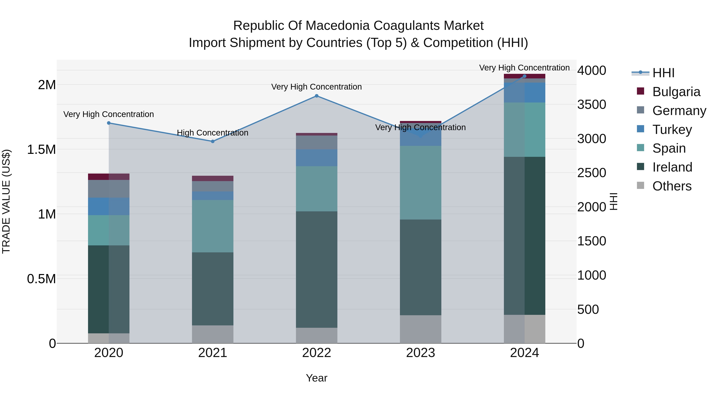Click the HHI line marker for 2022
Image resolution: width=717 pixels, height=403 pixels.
coord(316,96)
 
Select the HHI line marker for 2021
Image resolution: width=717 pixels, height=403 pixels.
coord(213,141)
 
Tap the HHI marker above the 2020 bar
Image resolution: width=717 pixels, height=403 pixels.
coord(109,123)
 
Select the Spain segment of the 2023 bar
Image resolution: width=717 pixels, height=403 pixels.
coord(421,182)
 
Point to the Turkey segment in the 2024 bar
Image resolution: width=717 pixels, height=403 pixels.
coord(524,93)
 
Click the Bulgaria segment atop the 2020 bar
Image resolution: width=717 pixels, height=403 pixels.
coord(109,177)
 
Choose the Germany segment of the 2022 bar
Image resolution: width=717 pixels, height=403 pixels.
coord(316,142)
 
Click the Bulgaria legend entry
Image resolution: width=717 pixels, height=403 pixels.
coord(676,92)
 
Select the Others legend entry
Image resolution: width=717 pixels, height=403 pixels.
coord(671,186)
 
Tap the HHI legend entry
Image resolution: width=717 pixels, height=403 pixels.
coord(663,73)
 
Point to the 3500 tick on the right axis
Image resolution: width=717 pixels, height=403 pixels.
coord(592,104)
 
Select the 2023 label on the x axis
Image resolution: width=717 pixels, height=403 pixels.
coord(421,353)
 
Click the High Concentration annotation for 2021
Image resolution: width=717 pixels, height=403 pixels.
coord(213,133)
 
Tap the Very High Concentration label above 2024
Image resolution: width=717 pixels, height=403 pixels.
coord(524,68)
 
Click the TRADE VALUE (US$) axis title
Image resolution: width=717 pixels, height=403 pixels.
coord(6,201)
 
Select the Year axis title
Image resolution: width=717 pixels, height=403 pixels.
coord(316,378)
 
